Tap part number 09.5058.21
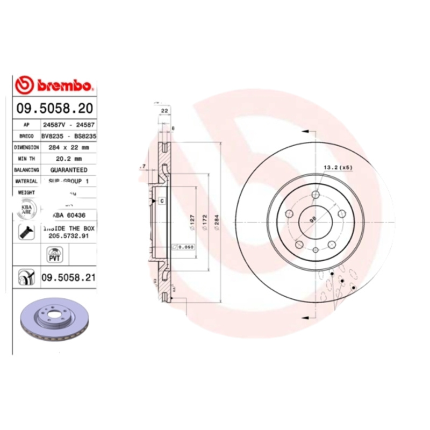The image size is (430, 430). coord(68,277)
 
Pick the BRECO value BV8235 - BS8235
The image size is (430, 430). coord(69,136)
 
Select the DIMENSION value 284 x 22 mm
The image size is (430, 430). coord(69,147)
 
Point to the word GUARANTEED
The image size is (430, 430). coord(69,170)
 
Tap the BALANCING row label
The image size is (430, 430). coord(27,170)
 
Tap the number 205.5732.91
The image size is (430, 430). coord(69,235)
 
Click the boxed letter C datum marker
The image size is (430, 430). coord(161,200)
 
